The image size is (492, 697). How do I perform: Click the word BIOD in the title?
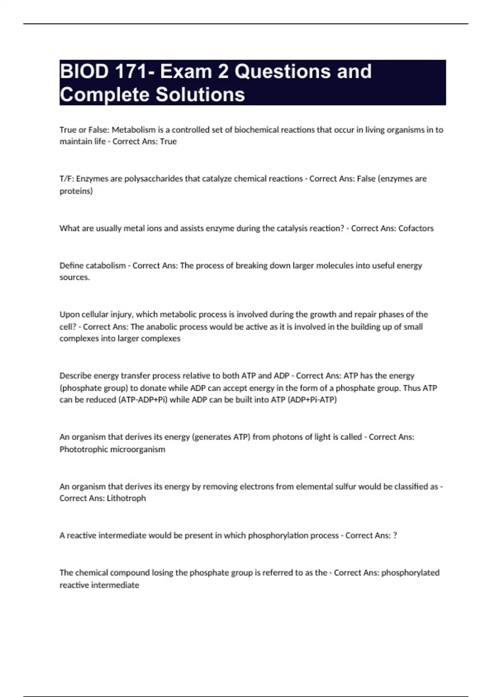(x=84, y=71)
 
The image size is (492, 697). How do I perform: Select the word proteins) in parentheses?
(x=76, y=191)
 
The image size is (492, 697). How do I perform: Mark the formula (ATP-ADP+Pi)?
(x=143, y=400)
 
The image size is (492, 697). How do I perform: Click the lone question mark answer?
(x=395, y=535)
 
